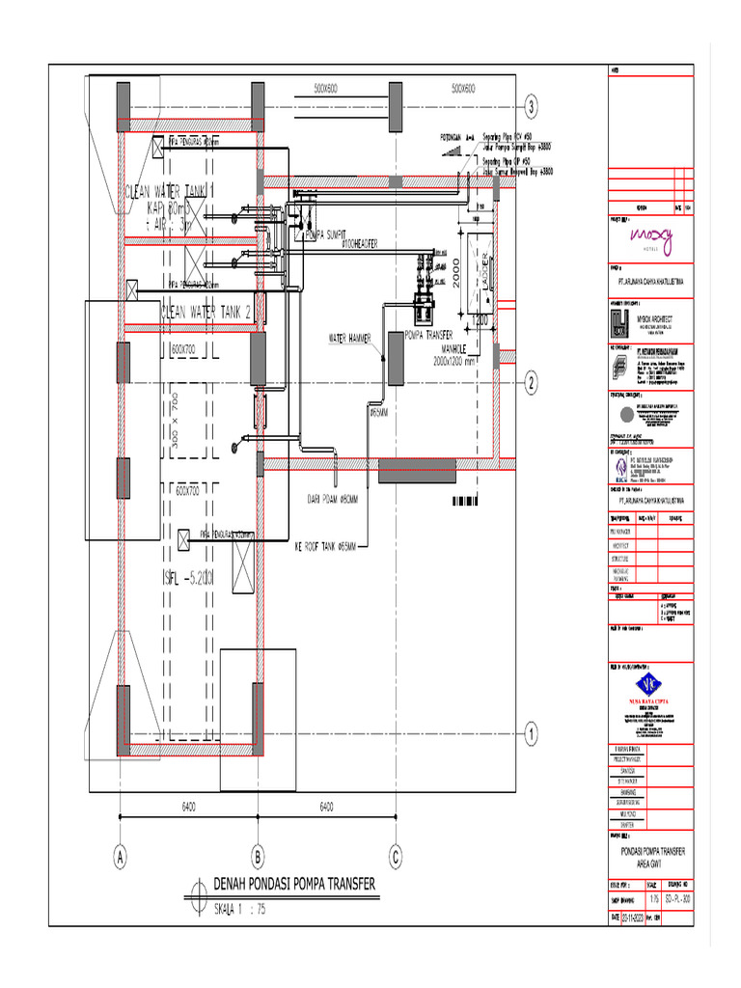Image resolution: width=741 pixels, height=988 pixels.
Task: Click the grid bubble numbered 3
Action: (531, 106)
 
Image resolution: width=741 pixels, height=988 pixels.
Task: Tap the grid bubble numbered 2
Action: (531, 383)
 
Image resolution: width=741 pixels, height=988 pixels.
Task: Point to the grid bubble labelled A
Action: (121, 856)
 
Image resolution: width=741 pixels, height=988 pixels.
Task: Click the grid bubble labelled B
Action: (258, 856)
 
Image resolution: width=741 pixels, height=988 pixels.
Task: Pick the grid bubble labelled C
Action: (395, 856)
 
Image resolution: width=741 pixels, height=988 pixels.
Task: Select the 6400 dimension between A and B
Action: (189, 806)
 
